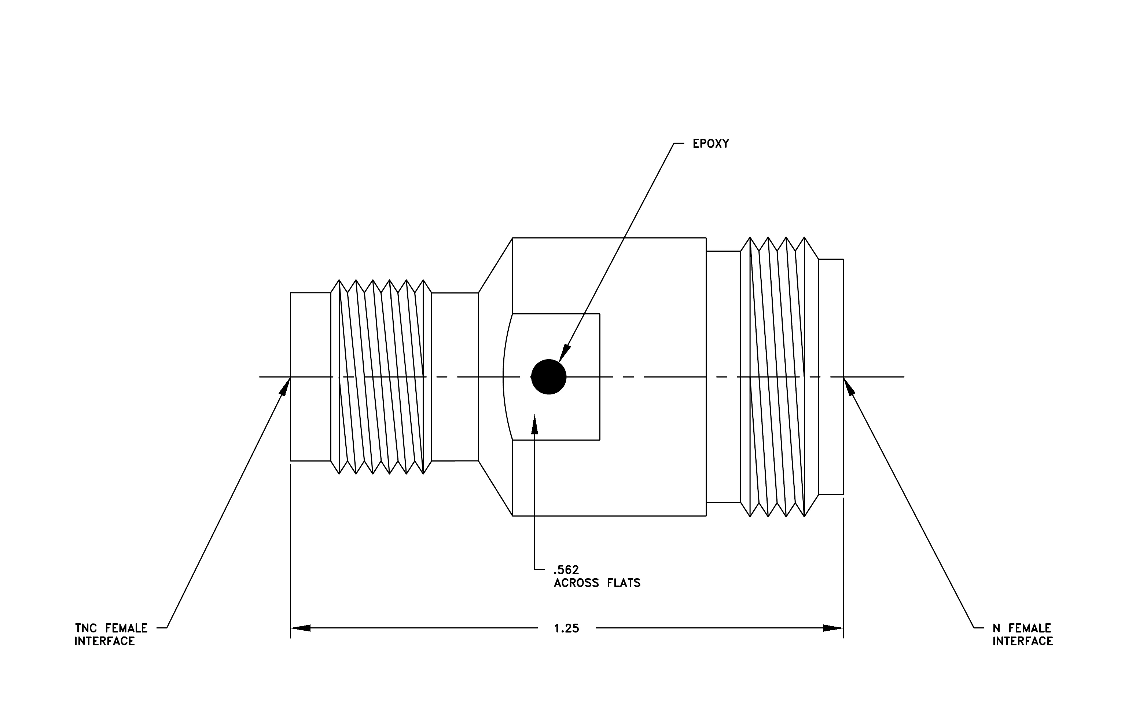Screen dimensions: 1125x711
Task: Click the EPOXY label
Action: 711,144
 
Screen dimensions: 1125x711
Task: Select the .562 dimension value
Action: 566,570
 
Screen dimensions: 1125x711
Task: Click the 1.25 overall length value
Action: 567,628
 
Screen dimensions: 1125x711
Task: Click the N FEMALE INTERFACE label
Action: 1023,634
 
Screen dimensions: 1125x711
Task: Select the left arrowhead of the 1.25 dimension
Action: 301,628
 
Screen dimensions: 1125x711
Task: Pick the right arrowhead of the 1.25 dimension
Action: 833,628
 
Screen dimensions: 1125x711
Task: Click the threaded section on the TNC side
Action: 381,377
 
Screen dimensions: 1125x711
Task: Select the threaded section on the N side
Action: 779,377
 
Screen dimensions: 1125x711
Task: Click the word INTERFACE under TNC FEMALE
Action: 104,641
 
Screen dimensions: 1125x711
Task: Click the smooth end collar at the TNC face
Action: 311,377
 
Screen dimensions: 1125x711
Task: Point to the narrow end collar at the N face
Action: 831,377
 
